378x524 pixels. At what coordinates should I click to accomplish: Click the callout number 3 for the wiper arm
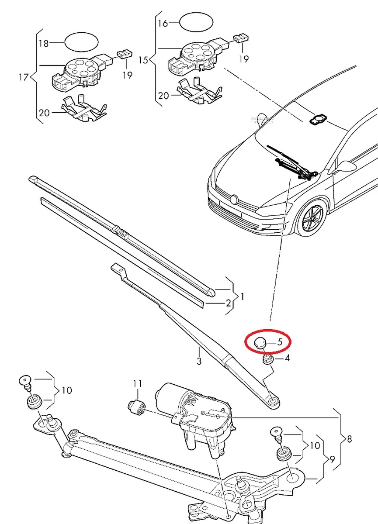[x=199, y=361]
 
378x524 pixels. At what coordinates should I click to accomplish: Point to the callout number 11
[x=138, y=384]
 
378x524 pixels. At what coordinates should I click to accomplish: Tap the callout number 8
[x=349, y=439]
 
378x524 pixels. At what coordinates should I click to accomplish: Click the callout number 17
[x=24, y=78]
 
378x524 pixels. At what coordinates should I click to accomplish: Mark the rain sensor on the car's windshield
[x=316, y=119]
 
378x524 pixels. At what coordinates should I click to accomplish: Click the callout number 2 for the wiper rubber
[x=228, y=302]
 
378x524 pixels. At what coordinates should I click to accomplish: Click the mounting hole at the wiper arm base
[x=273, y=400]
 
